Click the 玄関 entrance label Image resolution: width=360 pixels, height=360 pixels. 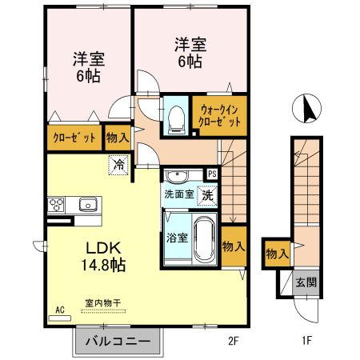tap(305, 282)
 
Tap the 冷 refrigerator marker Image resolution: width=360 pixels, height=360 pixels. tap(118, 166)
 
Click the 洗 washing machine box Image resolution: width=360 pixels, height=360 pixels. tap(206, 193)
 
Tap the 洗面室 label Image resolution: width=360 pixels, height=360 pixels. tap(178, 194)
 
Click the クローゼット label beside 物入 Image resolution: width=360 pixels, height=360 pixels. tap(75, 138)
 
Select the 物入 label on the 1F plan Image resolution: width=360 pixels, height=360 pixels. tap(277, 254)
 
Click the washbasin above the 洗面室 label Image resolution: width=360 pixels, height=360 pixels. tap(177, 175)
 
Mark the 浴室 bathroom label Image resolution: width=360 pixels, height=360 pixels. tap(177, 238)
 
